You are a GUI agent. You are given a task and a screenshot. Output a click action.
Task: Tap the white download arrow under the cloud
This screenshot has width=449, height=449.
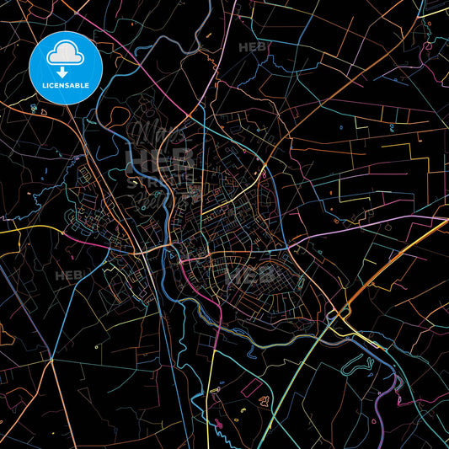pos(64,71)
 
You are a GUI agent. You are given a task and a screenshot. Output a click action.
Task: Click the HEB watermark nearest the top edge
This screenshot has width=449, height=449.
pos(254,48)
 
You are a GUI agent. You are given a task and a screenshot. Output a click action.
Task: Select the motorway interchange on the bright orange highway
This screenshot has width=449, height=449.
pos(341,316)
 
